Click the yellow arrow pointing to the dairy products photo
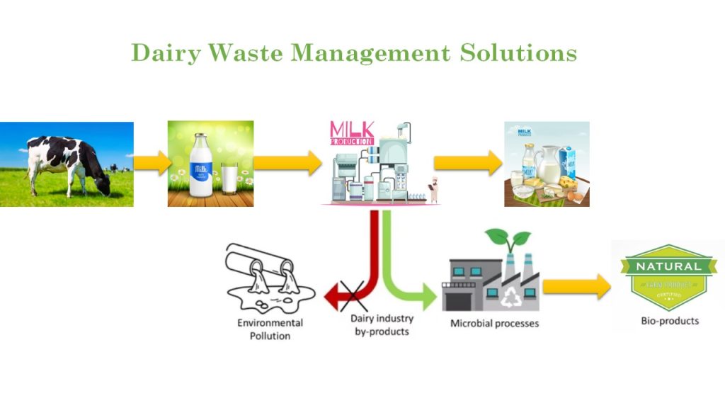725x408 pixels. coord(468,163)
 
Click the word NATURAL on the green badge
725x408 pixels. coord(668,267)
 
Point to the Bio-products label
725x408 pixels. coord(669,321)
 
